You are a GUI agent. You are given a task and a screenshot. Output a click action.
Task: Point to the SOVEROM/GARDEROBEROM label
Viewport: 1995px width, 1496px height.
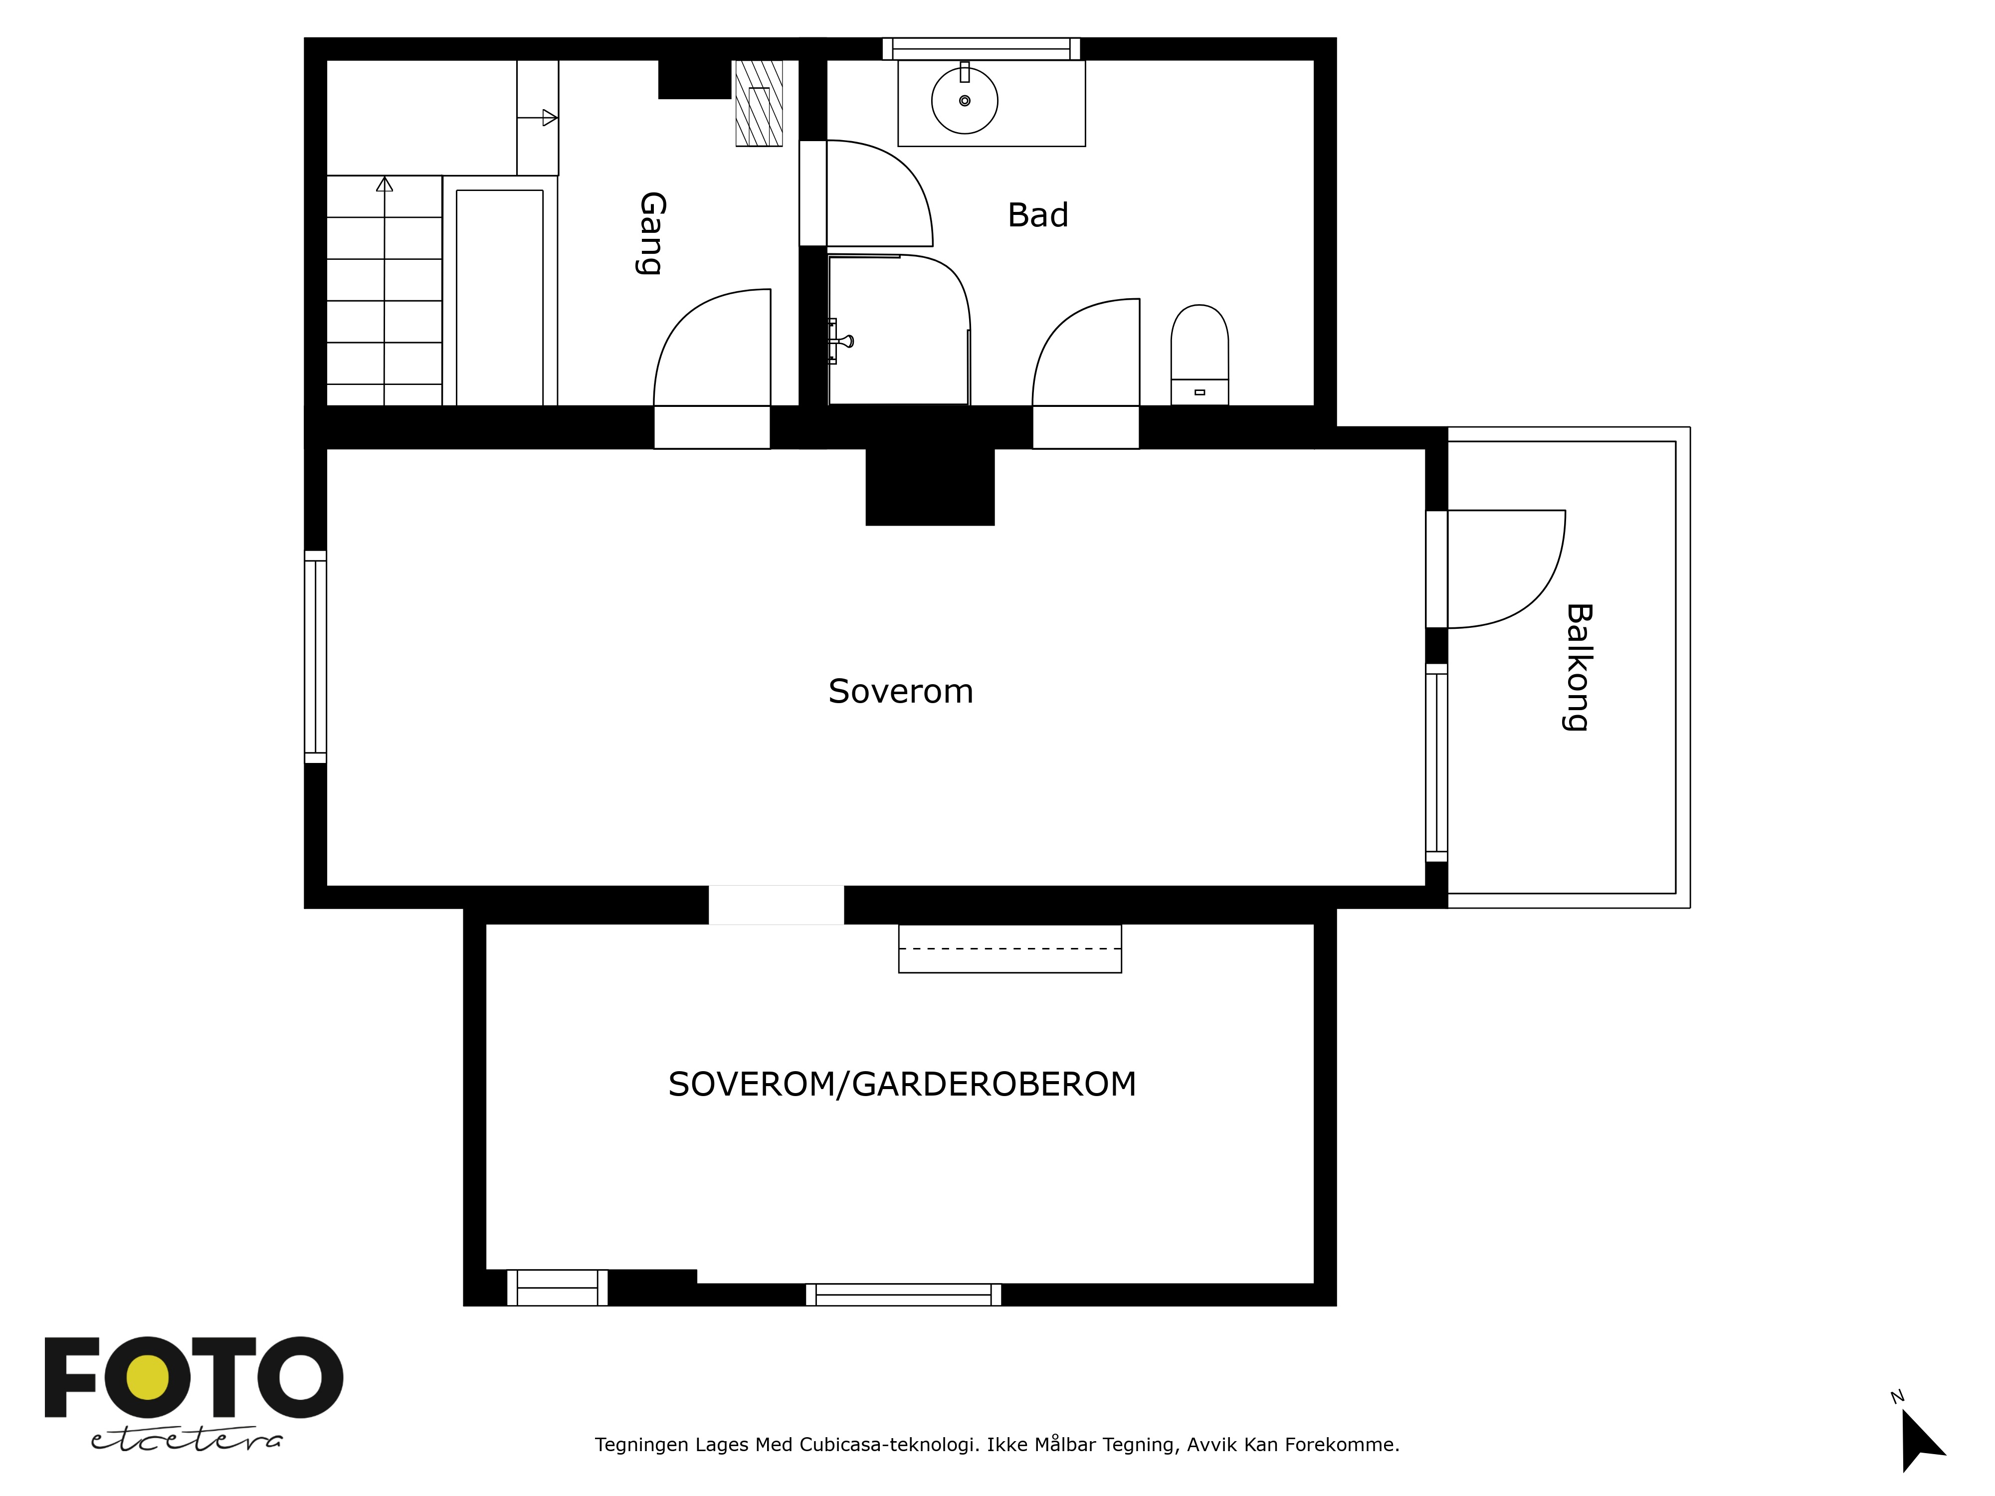902,1084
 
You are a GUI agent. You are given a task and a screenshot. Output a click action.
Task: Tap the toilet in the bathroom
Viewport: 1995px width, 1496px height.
1199,355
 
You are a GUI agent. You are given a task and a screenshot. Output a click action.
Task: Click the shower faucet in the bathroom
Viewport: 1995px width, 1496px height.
840,341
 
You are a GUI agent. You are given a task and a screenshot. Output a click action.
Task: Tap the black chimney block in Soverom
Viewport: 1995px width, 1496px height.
930,486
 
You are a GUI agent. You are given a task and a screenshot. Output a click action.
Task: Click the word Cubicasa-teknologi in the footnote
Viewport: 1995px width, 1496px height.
888,1445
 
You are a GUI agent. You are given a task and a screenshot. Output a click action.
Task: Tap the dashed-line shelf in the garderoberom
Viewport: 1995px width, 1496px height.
1010,948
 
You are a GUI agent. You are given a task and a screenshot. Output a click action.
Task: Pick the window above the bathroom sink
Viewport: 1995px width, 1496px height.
981,49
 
